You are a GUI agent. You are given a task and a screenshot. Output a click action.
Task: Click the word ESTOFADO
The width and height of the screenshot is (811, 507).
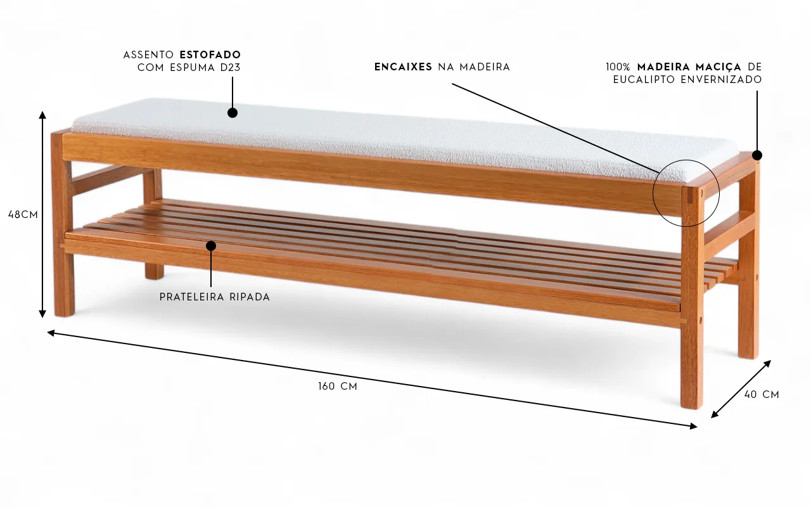tap(210, 55)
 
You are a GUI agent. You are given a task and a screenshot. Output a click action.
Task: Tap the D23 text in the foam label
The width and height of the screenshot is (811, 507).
tap(231, 68)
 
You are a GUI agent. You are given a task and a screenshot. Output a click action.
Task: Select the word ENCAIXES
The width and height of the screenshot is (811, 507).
tap(404, 67)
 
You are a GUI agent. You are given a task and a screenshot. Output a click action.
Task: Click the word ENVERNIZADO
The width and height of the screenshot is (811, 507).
tap(722, 80)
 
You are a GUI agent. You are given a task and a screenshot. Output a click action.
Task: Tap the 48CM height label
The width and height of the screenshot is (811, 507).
tap(23, 215)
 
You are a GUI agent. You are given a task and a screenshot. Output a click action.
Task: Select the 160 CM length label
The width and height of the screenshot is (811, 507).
tap(338, 387)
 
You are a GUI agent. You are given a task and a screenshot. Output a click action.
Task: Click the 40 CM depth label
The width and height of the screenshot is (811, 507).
tap(762, 395)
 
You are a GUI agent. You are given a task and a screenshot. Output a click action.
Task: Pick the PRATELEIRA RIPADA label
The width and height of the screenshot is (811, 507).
tap(215, 297)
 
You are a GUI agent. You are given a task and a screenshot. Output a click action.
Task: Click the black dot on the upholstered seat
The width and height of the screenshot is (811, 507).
tap(233, 113)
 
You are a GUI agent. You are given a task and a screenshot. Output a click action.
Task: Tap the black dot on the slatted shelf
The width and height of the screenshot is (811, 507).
tap(211, 246)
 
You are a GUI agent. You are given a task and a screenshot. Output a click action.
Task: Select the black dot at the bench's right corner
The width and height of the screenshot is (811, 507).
tap(757, 155)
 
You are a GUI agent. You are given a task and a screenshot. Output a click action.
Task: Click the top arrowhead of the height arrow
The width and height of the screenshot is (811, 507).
tap(42, 115)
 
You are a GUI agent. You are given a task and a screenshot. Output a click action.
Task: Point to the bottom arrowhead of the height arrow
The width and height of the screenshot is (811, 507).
tap(42, 314)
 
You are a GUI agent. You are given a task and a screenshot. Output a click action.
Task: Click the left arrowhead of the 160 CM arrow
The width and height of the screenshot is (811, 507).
tap(51, 333)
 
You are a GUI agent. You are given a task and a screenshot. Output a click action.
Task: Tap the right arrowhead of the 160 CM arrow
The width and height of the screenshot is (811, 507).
tap(693, 427)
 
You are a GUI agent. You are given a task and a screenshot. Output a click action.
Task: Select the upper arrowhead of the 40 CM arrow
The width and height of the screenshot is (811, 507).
tap(767, 364)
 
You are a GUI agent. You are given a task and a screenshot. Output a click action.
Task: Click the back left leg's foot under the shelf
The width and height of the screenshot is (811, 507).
tap(154, 273)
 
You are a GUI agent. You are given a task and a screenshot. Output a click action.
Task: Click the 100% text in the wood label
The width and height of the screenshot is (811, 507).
tap(618, 67)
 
